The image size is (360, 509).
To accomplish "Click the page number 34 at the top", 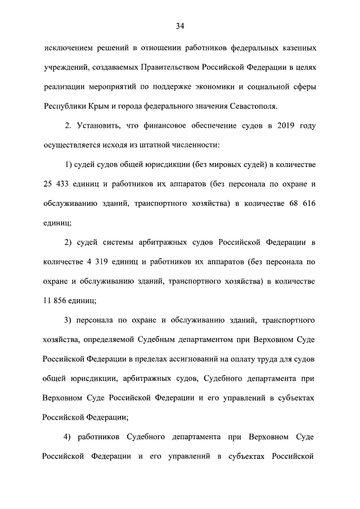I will [180, 26].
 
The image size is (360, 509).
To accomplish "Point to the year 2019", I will [272, 125].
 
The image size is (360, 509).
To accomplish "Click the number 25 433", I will [58, 184].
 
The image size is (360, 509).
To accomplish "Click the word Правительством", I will [159, 67].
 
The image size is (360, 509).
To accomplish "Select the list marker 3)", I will [70, 320].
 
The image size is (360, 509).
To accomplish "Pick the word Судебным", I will [164, 339].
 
